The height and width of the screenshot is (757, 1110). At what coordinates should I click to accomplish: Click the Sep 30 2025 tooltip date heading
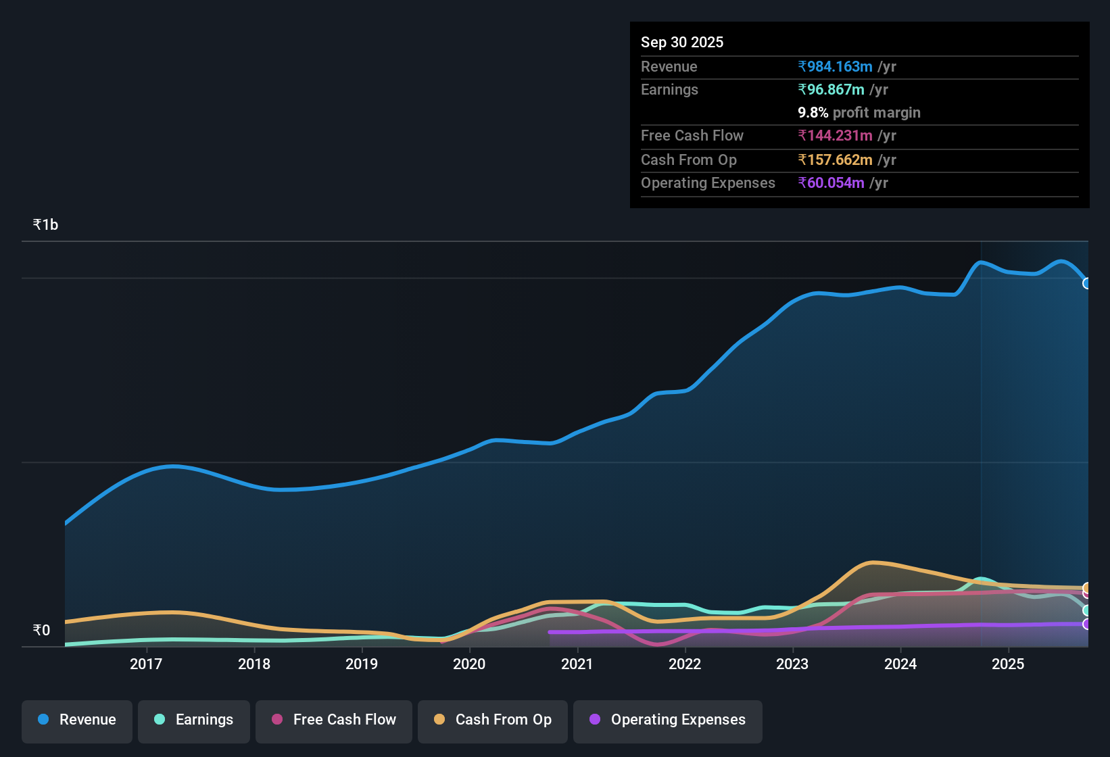[x=681, y=42]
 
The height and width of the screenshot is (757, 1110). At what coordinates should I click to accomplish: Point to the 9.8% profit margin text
[x=859, y=112]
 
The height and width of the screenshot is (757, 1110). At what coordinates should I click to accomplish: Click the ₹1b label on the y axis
[x=45, y=224]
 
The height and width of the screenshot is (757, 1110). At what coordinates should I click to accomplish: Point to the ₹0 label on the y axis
[x=41, y=630]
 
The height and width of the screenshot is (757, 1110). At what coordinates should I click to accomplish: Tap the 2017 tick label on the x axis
[x=146, y=664]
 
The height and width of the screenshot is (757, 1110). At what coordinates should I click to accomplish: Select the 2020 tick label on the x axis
[x=469, y=664]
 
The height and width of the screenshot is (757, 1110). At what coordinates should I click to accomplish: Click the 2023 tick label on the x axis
[x=792, y=664]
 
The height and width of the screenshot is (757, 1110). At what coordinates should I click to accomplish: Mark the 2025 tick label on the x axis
[x=1008, y=664]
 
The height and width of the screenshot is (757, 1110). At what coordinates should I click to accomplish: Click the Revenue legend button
[x=77, y=720]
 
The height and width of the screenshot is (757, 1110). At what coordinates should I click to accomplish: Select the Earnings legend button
[x=194, y=720]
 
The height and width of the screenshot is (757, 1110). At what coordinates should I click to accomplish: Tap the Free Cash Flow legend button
[x=334, y=720]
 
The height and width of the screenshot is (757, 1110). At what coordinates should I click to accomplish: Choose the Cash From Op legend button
[x=493, y=720]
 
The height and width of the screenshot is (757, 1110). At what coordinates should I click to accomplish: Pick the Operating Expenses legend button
[x=668, y=720]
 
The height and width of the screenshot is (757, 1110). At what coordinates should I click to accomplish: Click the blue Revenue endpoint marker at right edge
[x=1086, y=283]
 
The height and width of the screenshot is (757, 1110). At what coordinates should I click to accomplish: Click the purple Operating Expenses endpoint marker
[x=1086, y=624]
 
